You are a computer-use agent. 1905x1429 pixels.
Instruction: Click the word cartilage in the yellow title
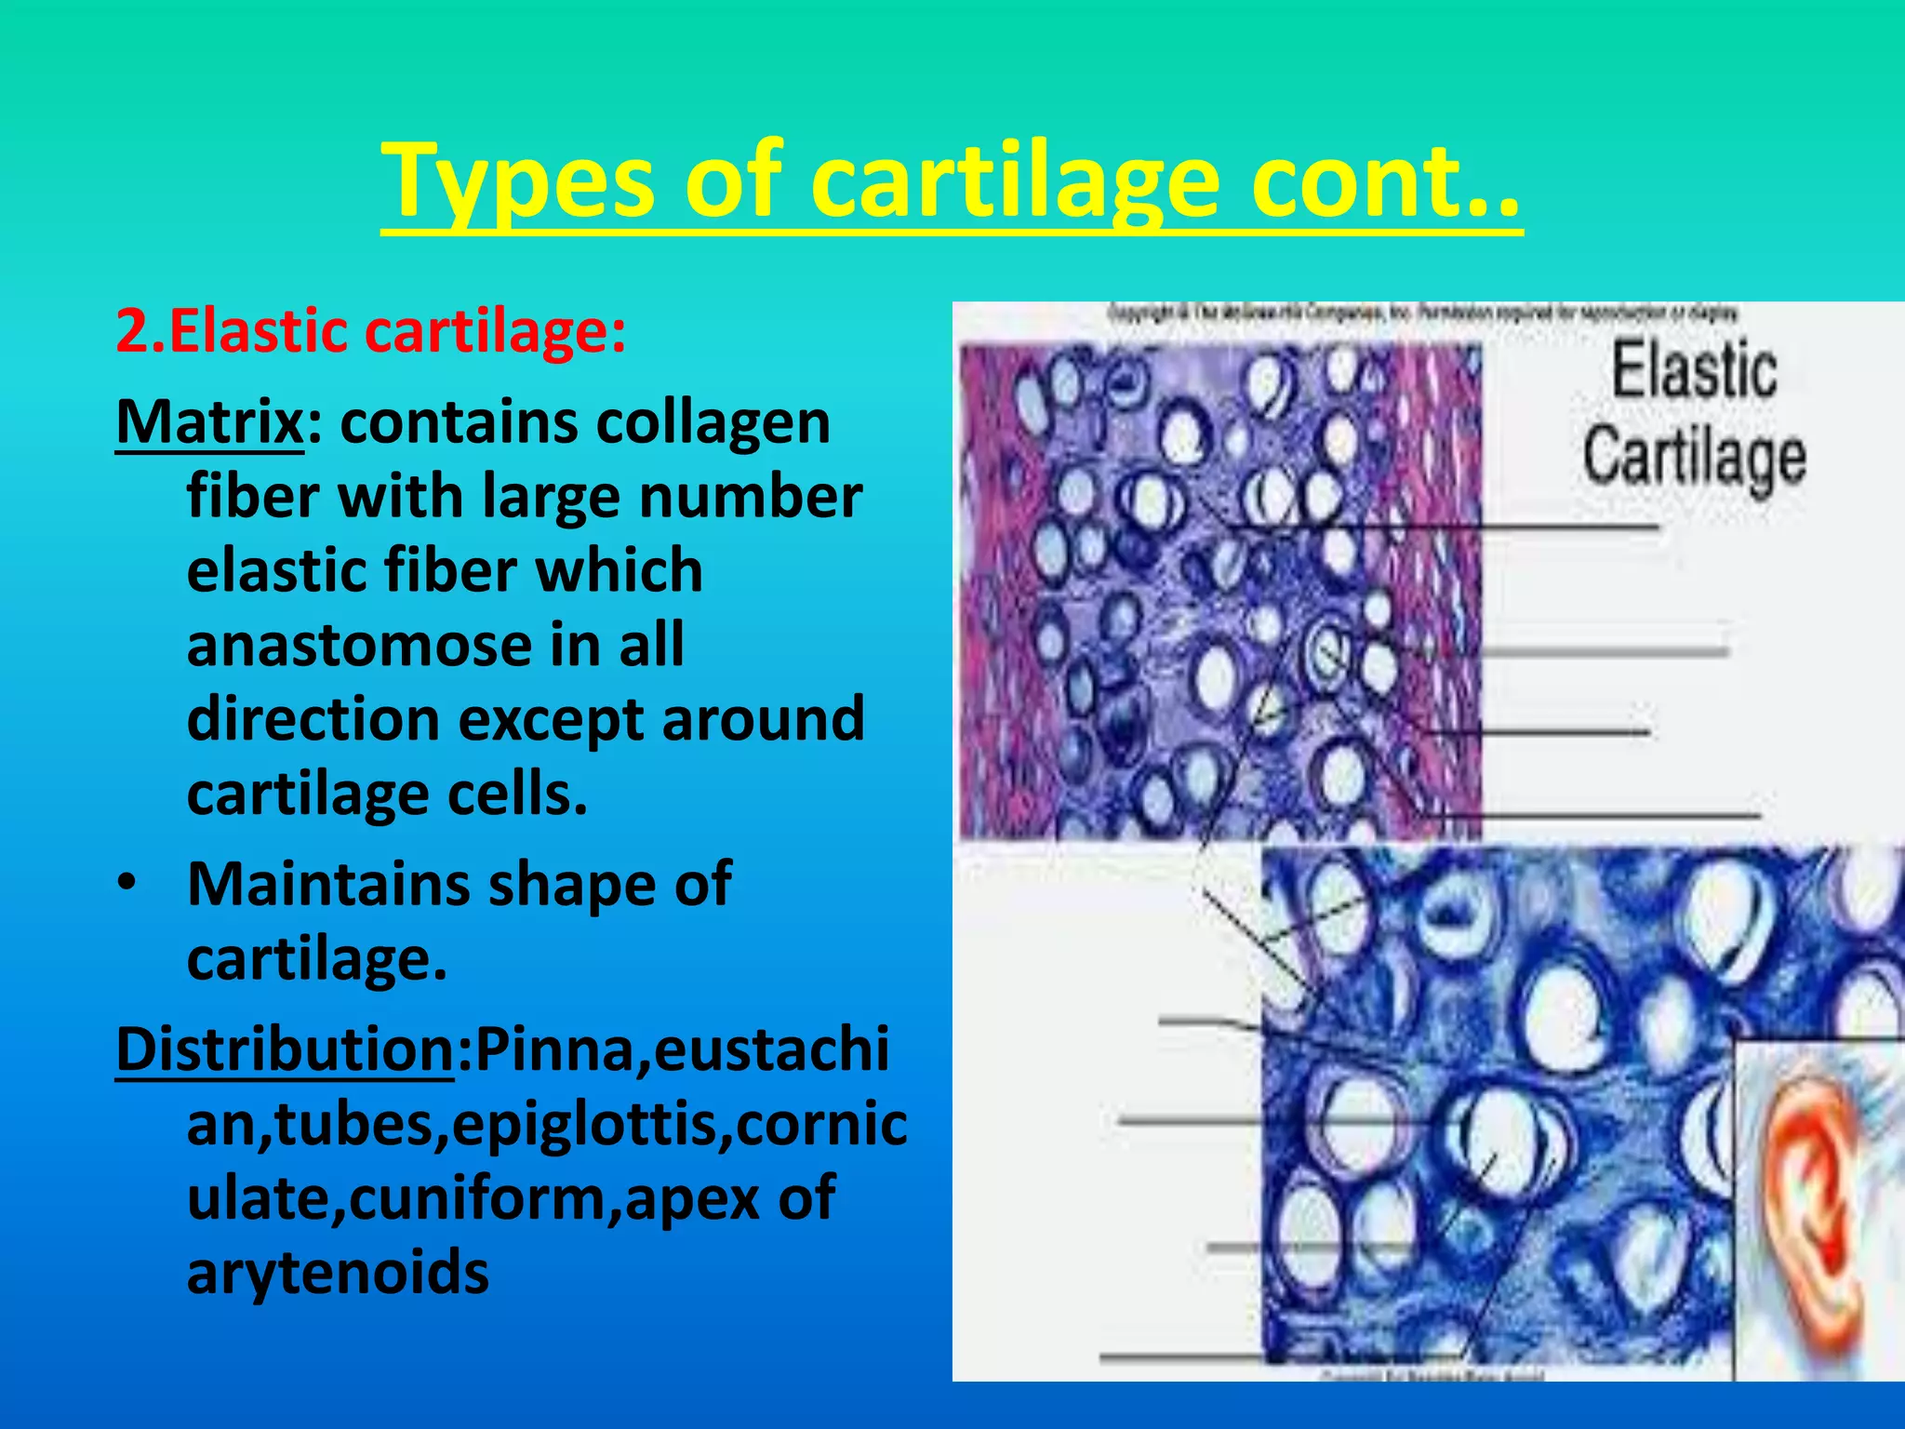point(1014,181)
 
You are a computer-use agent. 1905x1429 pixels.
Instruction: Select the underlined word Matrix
point(209,423)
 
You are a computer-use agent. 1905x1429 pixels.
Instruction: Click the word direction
point(313,720)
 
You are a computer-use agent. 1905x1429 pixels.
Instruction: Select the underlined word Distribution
point(285,1050)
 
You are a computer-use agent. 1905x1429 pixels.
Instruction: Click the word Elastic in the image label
point(1693,371)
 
